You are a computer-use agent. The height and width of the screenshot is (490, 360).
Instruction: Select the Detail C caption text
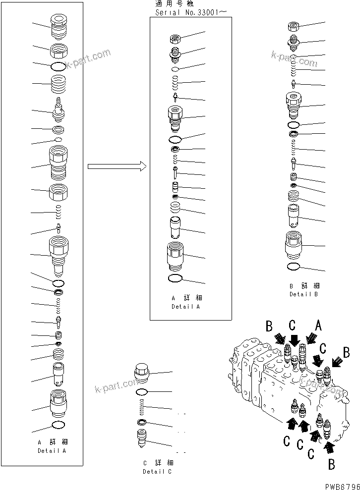157,471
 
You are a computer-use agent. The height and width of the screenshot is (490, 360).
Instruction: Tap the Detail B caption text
304,294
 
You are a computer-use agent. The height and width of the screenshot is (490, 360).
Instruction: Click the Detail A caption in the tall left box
52,451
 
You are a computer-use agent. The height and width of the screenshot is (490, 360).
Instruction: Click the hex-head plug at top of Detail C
141,374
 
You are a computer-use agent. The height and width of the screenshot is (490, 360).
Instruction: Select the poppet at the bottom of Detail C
142,438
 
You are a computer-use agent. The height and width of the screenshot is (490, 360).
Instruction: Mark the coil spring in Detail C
142,408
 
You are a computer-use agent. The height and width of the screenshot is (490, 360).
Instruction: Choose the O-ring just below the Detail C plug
142,392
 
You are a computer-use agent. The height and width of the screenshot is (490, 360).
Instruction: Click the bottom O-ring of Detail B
293,267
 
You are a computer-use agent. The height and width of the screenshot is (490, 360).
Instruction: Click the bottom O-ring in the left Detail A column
58,425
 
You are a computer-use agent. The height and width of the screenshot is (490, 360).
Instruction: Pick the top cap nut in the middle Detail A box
175,38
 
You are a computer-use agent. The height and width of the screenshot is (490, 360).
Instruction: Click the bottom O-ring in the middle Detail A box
176,278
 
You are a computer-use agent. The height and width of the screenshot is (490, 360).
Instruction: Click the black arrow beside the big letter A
311,339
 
